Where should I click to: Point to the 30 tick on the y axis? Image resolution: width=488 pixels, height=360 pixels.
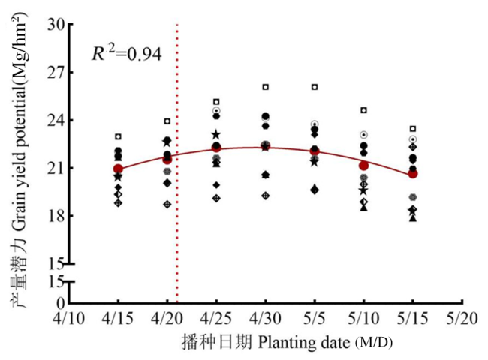tap(54, 24)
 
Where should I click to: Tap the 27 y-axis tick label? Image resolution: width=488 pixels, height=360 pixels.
tap(54, 73)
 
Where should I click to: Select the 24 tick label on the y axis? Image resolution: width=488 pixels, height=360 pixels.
tap(54, 120)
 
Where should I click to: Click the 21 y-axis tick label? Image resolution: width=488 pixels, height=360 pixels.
tap(54, 168)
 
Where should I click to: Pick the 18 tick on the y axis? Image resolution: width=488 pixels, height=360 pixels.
tap(54, 216)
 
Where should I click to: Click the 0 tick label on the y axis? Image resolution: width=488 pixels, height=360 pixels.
tap(59, 303)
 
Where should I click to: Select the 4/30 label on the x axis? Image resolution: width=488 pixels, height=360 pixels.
tap(265, 319)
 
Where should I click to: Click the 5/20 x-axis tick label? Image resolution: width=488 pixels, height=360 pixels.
tap(461, 319)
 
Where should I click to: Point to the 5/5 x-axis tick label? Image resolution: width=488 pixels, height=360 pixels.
tap(315, 319)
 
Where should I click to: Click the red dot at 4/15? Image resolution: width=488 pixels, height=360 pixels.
tap(118, 169)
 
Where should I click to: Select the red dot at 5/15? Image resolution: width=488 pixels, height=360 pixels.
tap(412, 174)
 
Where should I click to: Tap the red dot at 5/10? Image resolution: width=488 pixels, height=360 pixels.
tap(363, 166)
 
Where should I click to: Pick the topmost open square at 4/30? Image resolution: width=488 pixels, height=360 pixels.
tap(265, 87)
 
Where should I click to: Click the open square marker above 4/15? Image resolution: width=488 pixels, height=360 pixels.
tap(118, 136)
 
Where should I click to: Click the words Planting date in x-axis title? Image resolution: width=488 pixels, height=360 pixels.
tap(305, 343)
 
